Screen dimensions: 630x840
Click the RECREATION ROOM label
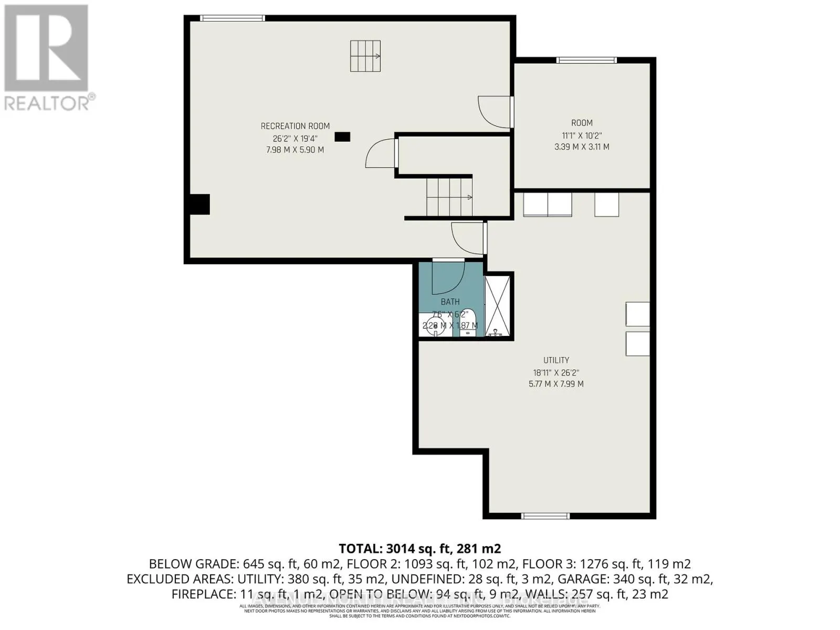click(295, 126)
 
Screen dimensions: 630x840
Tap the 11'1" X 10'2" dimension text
click(582, 135)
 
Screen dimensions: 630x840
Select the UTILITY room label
click(556, 360)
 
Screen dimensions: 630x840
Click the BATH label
click(450, 302)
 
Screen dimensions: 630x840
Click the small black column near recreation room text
click(342, 137)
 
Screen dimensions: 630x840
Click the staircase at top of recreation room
click(365, 56)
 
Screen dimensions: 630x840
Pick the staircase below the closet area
click(449, 197)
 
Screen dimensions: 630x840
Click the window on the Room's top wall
click(586, 60)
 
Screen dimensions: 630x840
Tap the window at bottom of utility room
click(545, 516)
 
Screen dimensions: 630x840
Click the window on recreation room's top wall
click(233, 18)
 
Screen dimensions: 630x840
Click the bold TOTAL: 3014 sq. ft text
click(419, 549)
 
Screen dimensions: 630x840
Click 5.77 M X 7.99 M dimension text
click(556, 384)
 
